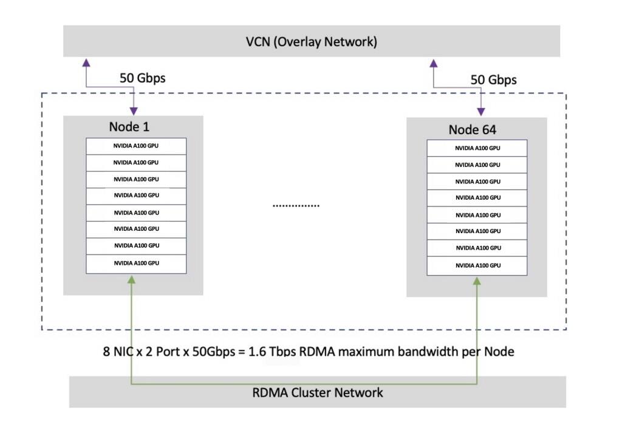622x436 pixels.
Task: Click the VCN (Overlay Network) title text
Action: (x=312, y=42)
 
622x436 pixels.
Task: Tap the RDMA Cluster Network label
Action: (x=318, y=393)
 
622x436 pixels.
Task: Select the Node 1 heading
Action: (x=129, y=126)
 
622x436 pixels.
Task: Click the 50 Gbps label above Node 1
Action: (x=142, y=78)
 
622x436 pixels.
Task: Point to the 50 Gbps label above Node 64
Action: (x=493, y=80)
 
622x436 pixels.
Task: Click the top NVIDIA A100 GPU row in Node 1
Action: (x=136, y=146)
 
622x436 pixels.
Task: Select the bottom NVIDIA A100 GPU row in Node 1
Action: (x=136, y=263)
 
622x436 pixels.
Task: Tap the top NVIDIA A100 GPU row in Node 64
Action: (x=477, y=148)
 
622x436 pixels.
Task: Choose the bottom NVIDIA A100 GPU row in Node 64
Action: (x=477, y=265)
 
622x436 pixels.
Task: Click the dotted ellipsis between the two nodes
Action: (x=296, y=206)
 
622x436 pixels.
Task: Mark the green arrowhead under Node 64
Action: (x=477, y=280)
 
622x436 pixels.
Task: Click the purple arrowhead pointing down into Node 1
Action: (x=133, y=111)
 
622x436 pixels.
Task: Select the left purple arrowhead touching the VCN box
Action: (x=86, y=62)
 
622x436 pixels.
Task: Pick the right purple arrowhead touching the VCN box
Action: (x=433, y=62)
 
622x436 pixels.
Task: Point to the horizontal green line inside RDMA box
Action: (x=304, y=384)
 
